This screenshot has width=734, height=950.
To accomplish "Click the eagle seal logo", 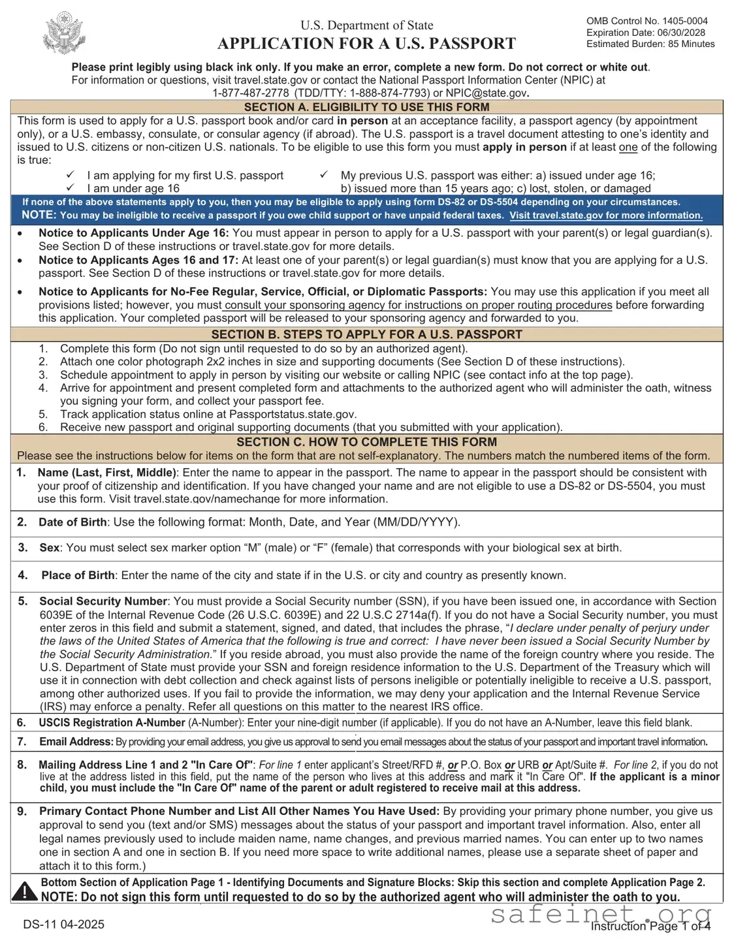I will coord(64,33).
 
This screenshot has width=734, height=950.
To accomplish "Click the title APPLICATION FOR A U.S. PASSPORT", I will coord(366,44).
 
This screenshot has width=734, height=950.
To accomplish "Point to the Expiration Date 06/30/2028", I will coord(645,33).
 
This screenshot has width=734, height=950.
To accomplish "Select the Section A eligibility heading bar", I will coord(366,107).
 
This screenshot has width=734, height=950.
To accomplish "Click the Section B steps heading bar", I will coord(366,334).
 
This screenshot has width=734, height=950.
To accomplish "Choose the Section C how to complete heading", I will coord(366,442).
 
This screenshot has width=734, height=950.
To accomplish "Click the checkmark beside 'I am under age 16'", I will coord(70,188).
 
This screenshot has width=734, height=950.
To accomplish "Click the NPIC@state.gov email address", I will coord(486,93).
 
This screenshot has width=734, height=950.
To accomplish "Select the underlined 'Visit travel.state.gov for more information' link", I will coord(605,215).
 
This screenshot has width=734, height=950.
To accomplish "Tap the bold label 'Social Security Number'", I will coord(103,601).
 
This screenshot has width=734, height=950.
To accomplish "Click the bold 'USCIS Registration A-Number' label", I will coord(112,723).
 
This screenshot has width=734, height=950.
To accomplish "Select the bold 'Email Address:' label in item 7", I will coord(76,742).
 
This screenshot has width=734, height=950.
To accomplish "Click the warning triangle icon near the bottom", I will coord(25,891).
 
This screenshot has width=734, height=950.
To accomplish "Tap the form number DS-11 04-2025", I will coord(63,924).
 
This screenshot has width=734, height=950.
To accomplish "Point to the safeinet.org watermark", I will coord(601,915).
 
